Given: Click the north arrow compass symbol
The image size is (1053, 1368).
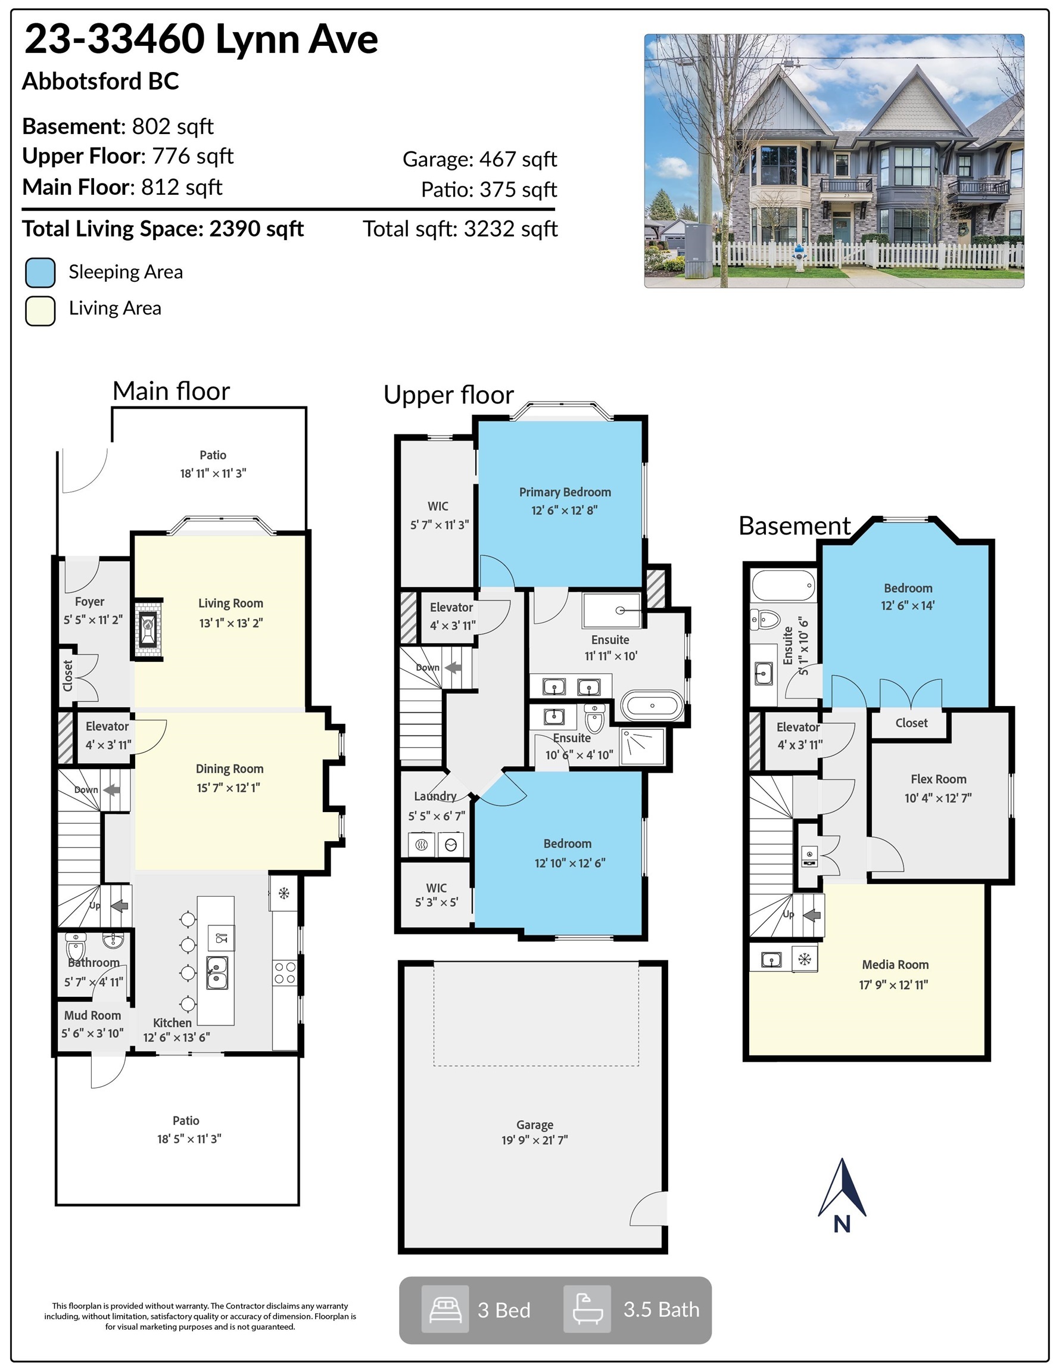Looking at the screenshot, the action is click(842, 1195).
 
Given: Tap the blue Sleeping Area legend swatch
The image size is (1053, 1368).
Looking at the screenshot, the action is click(40, 272).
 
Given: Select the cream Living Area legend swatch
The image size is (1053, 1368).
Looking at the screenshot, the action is click(40, 310).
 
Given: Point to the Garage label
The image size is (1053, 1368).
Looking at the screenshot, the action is click(535, 1124).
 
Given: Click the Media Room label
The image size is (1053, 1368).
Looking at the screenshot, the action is click(895, 965).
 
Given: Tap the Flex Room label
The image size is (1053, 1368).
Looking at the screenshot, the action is click(938, 779).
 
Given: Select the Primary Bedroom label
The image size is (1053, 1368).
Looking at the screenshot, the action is click(565, 492).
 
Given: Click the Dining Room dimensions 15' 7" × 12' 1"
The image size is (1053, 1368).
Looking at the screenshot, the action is click(229, 787).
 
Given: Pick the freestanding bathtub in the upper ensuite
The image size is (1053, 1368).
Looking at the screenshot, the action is click(652, 705).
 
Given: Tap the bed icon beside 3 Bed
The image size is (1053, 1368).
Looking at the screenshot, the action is click(445, 1309).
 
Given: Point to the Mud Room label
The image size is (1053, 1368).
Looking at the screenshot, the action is click(92, 1015).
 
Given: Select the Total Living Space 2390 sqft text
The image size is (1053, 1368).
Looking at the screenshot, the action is click(163, 229).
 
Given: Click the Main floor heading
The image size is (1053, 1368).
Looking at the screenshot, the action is click(171, 390).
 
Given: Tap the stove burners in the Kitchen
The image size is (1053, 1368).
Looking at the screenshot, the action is click(284, 974).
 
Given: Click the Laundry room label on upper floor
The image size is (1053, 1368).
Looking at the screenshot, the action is click(435, 796).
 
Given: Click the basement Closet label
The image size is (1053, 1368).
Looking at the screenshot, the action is click(911, 723).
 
